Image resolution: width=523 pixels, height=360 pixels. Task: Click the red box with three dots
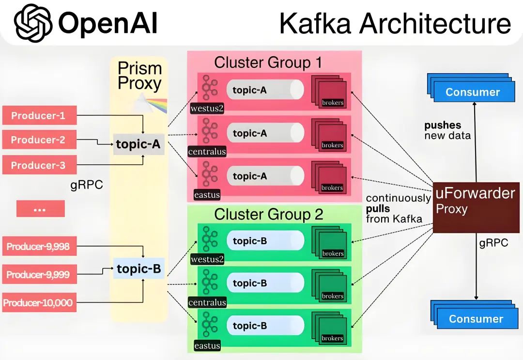pyautogui.click(x=40, y=208)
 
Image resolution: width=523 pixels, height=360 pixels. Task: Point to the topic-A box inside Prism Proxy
pyautogui.click(x=138, y=144)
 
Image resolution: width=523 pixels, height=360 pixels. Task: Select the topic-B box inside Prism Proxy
pyautogui.click(x=138, y=268)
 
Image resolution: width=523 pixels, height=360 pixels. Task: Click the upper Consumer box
pyautogui.click(x=472, y=92)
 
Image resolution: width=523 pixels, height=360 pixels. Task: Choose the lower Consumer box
pyautogui.click(x=476, y=318)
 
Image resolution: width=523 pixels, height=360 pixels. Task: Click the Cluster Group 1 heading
pyautogui.click(x=268, y=63)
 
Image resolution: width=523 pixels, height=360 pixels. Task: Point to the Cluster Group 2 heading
pyautogui.click(x=268, y=214)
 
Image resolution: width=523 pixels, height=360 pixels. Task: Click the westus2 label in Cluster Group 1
pyautogui.click(x=207, y=108)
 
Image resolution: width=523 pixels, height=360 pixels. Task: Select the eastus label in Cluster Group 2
pyautogui.click(x=207, y=345)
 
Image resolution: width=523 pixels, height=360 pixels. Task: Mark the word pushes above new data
pyautogui.click(x=443, y=125)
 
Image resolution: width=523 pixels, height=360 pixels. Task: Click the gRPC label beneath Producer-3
pyautogui.click(x=86, y=185)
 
